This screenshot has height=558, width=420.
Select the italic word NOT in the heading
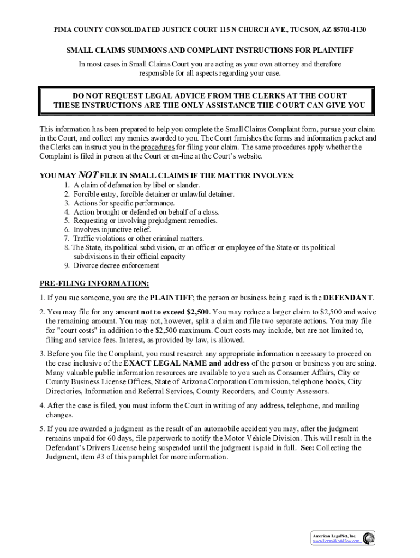coord(88,175)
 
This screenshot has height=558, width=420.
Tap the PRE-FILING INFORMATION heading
coord(94,284)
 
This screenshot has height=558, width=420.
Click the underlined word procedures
coord(158,147)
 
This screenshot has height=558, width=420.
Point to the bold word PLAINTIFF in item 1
coord(171,298)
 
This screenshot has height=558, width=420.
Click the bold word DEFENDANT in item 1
coord(348,298)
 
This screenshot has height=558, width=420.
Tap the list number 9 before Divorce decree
coord(66,266)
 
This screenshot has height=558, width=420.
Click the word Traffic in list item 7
coord(85,239)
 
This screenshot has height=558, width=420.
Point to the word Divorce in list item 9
coord(86,266)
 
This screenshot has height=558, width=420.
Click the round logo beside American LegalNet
coord(369,538)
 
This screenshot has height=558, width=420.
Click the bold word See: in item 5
coord(307,448)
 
